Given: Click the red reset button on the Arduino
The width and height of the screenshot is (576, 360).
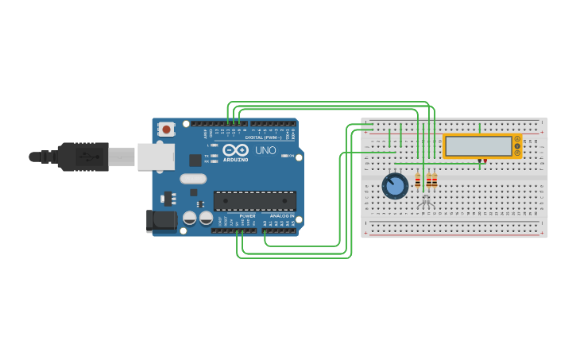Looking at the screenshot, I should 166,129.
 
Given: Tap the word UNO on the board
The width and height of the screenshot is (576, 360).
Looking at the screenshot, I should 265,150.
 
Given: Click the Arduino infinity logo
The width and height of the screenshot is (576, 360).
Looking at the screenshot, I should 236,149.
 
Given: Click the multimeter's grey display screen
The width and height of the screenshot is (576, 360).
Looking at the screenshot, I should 478,146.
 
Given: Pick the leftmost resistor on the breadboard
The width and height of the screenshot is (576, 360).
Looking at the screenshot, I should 418,181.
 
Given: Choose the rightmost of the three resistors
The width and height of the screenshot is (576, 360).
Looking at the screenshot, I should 435,181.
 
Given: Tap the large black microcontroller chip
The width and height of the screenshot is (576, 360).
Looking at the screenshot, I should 255,201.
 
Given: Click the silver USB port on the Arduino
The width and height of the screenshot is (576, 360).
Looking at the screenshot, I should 155,157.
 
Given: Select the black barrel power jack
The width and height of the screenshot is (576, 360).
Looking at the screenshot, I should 161,220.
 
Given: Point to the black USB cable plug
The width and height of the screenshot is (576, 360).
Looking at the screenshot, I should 83,157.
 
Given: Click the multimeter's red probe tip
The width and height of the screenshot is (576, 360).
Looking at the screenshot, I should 485,161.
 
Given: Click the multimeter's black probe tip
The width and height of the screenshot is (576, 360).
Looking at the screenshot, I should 479,161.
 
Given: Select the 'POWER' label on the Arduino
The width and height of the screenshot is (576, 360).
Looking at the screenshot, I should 248,215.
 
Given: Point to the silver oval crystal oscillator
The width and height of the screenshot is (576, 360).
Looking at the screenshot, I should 193,179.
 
